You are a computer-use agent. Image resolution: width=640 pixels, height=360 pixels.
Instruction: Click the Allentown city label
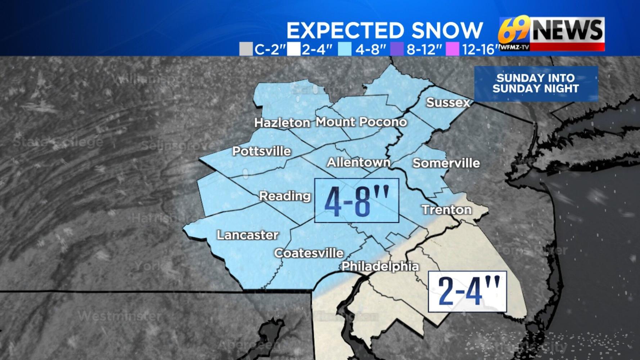tap(358, 162)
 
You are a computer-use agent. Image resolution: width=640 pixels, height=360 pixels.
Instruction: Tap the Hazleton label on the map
tap(282, 123)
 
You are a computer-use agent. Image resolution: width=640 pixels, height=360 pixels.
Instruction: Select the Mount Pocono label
tap(361, 122)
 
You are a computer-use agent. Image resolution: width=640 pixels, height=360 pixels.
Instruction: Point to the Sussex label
tap(448, 103)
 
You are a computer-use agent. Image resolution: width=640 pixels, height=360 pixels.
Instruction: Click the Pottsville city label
tap(261, 151)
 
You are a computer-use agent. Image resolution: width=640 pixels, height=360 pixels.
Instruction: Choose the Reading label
tap(285, 196)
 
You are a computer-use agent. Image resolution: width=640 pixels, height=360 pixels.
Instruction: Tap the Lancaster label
tap(247, 235)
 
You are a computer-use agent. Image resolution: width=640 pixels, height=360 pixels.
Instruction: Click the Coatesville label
tap(309, 253)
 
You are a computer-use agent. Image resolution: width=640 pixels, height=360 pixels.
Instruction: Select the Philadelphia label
tap(380, 266)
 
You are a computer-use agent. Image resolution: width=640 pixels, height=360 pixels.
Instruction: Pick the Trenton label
tap(446, 210)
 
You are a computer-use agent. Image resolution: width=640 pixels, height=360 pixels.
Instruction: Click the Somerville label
tap(446, 163)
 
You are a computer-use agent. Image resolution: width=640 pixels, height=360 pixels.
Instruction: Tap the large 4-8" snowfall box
tap(356, 201)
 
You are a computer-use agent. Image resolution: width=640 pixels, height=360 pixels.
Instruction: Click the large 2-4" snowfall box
tap(467, 292)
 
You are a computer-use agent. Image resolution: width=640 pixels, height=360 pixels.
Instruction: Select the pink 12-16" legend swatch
tap(452, 49)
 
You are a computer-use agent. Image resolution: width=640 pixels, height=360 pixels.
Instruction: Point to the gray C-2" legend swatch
tap(246, 49)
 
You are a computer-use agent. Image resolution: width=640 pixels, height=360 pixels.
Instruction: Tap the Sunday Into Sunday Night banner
tap(536, 84)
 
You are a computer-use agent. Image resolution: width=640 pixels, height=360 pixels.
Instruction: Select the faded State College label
tap(58, 142)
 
